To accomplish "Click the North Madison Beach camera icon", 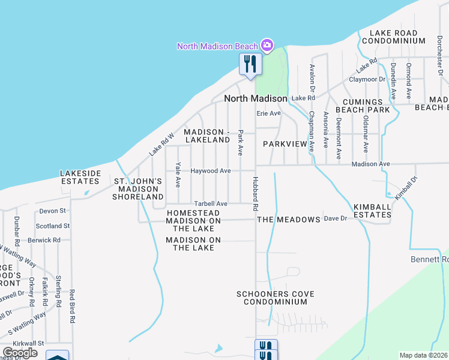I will (x=267, y=46).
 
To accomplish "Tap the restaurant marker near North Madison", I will (x=250, y=64).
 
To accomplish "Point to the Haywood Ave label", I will (x=211, y=171).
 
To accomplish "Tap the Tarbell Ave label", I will (x=210, y=204).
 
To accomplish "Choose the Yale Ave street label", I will (x=178, y=175).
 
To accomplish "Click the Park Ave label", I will (x=240, y=143).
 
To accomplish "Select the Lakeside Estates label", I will (x=80, y=177).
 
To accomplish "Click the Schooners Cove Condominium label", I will (x=276, y=298).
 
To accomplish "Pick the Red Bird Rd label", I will (x=71, y=307).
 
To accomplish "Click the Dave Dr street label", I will (x=336, y=219).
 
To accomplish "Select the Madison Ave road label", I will (x=371, y=164).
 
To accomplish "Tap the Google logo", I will (x=20, y=353).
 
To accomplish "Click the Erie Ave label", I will (x=269, y=113).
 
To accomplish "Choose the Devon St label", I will (x=52, y=211).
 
